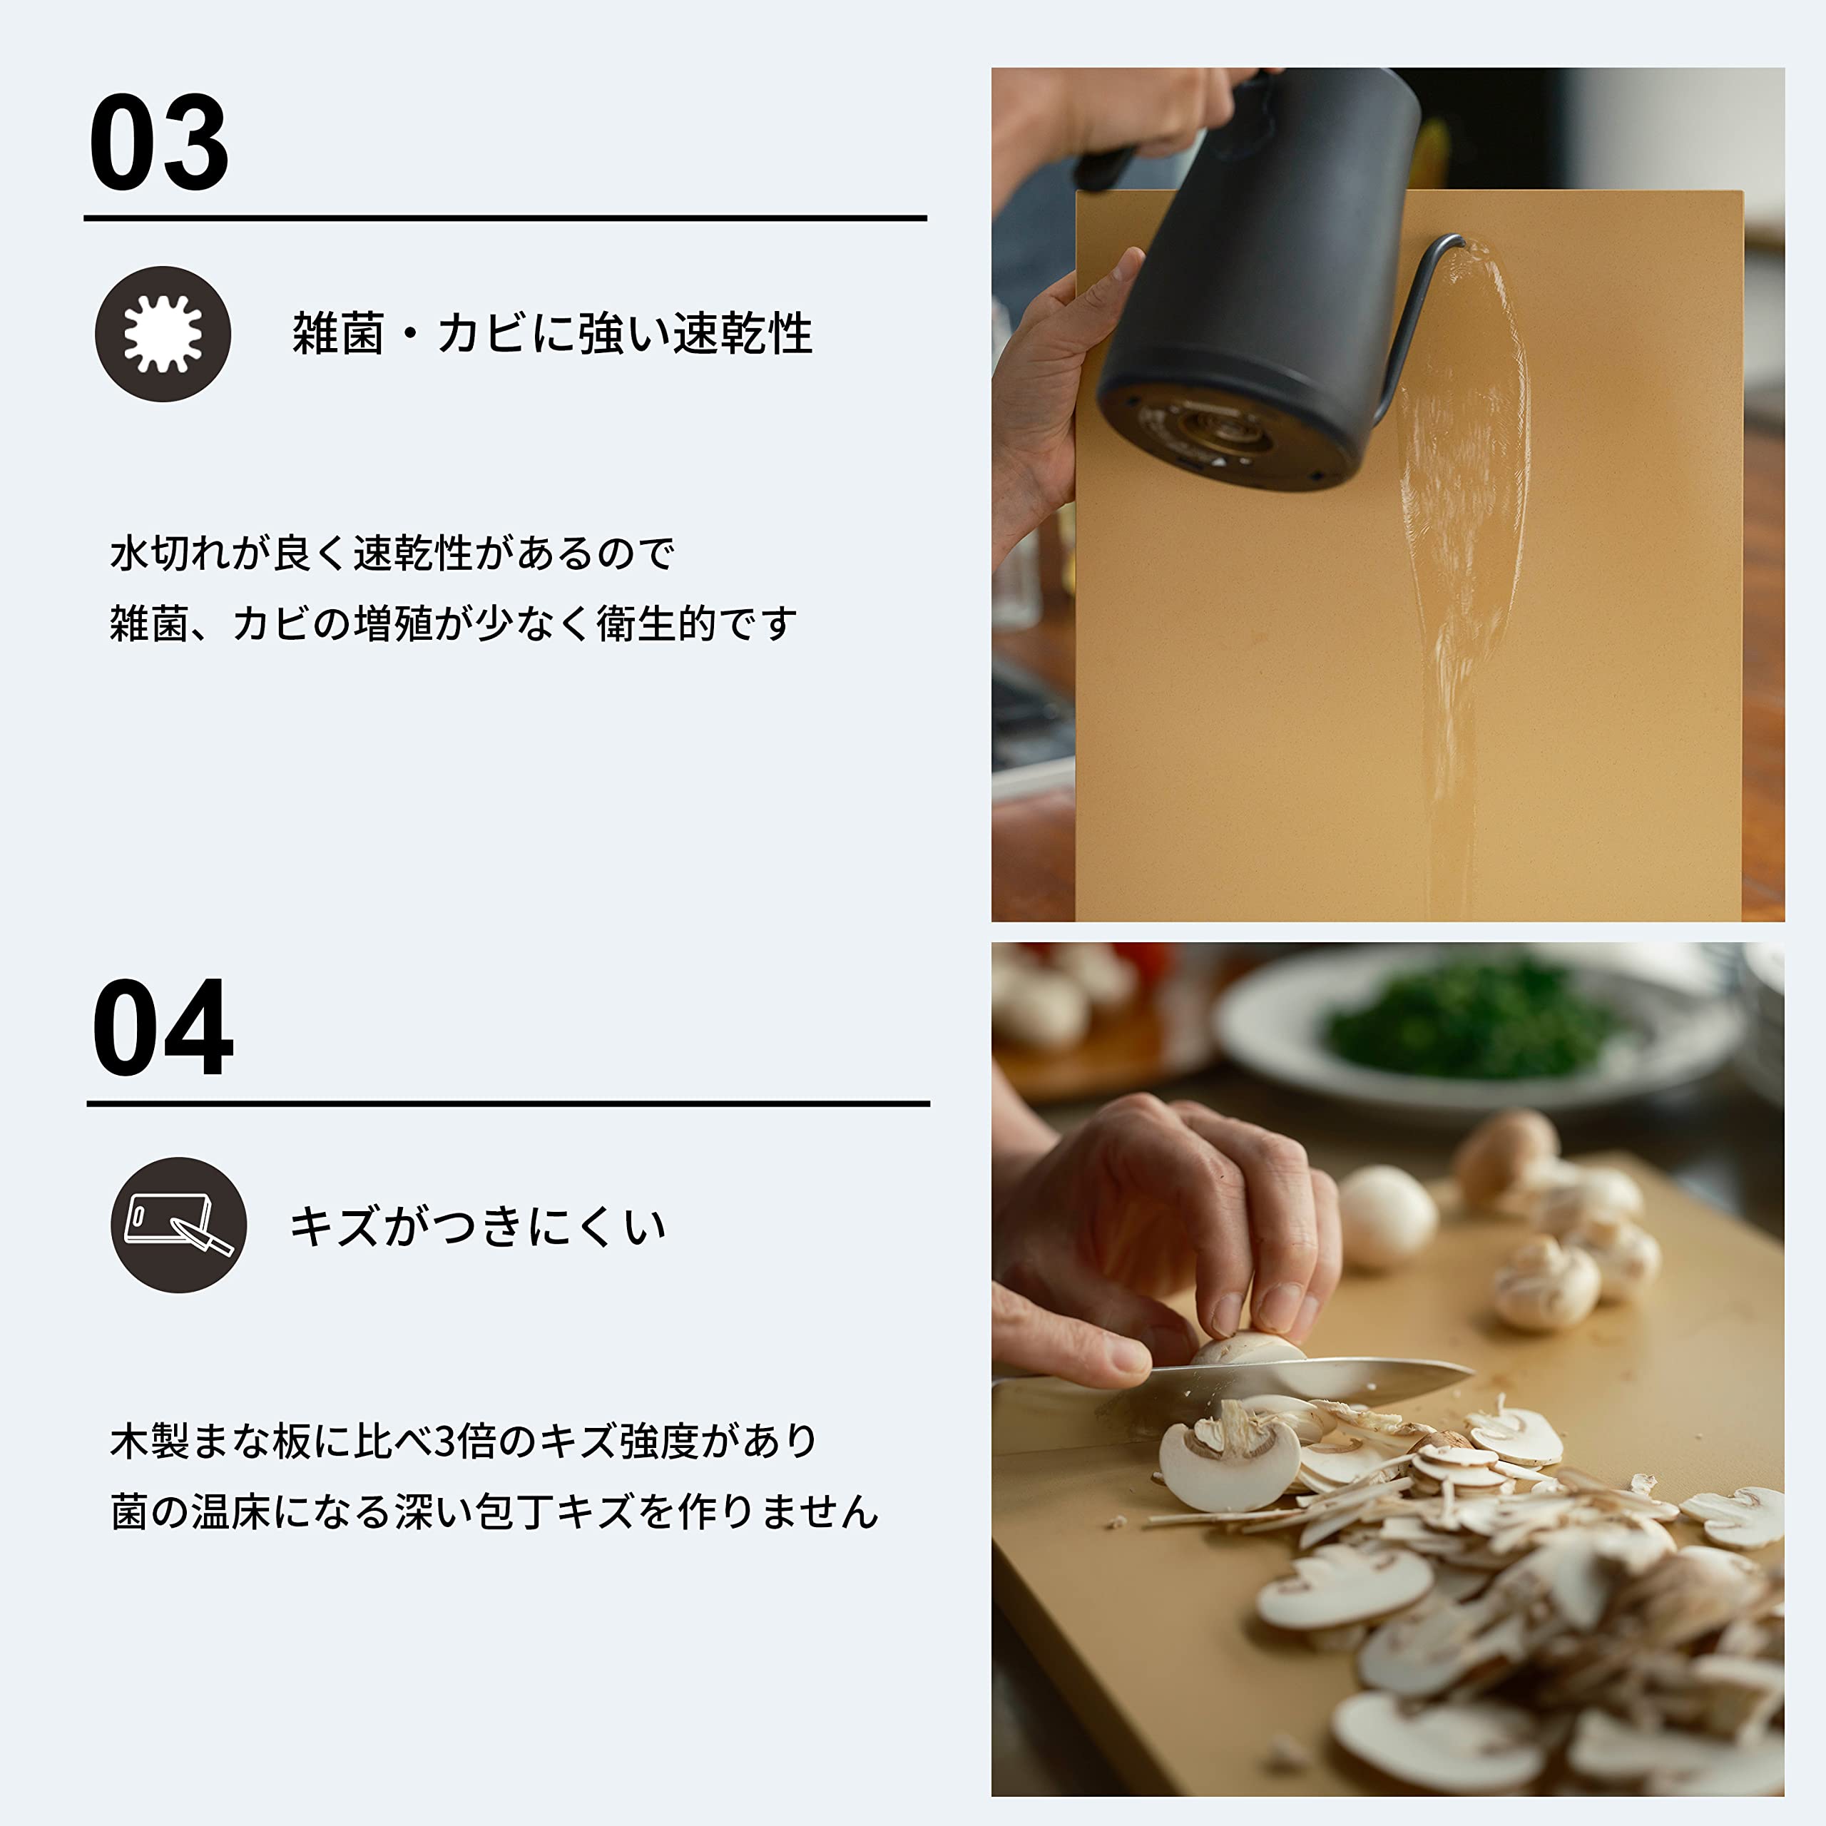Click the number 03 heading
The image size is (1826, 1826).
[159, 143]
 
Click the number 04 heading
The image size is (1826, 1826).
[162, 1029]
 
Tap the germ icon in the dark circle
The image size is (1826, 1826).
[163, 334]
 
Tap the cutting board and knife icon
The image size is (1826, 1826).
[178, 1225]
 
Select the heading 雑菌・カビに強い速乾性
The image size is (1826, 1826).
[552, 334]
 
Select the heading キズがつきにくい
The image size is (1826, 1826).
[477, 1227]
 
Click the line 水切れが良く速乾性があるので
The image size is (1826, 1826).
[392, 554]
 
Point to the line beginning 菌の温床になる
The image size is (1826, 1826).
[494, 1512]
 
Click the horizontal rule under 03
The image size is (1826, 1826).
[505, 218]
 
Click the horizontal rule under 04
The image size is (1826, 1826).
[509, 1103]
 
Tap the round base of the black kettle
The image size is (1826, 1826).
[1229, 435]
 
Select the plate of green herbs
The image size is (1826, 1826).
[1474, 1026]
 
